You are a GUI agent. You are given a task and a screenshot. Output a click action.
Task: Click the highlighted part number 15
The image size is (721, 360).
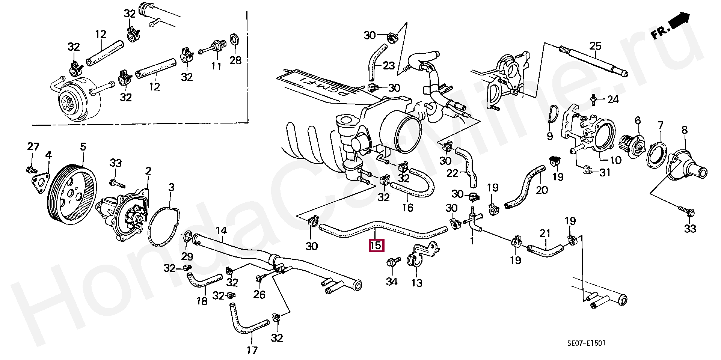click(376, 246)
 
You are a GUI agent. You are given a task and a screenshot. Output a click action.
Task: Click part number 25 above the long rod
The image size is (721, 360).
click(595, 46)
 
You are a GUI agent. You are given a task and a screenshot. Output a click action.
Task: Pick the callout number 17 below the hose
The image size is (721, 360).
click(252, 350)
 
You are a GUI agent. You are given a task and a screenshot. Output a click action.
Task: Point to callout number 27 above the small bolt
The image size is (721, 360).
click(33, 146)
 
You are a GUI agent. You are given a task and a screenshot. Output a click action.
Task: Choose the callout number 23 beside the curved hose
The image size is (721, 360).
click(389, 66)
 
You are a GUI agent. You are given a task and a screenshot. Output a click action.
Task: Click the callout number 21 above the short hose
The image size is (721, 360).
click(545, 234)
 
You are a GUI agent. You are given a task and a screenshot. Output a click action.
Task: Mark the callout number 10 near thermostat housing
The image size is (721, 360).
click(615, 160)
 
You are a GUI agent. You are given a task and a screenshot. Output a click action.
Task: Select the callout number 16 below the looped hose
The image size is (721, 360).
click(407, 207)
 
